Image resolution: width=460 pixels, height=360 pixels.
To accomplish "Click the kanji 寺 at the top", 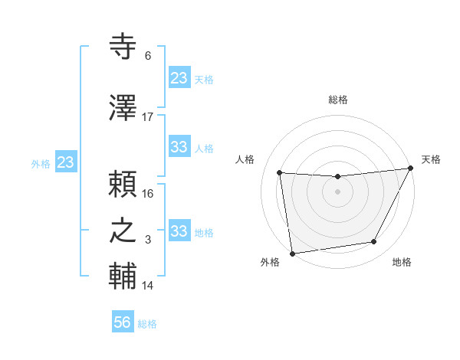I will (x=123, y=47).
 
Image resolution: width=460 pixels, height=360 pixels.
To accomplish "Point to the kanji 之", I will (x=123, y=231).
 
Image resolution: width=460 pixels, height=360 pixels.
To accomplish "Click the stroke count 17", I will (x=148, y=117).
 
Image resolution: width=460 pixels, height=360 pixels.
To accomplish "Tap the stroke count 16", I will (x=148, y=194).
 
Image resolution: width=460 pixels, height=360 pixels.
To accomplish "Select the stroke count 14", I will (x=148, y=286).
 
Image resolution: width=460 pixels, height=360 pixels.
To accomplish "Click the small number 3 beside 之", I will (x=148, y=240).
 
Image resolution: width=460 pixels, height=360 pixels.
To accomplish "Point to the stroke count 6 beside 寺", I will (x=148, y=56).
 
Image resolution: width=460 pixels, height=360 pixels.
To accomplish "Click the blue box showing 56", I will (x=123, y=322).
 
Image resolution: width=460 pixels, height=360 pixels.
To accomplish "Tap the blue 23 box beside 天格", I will (x=179, y=77).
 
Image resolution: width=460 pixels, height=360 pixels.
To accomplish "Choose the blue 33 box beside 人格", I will (x=179, y=146).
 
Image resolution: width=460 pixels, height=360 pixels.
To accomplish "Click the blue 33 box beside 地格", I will (x=179, y=231).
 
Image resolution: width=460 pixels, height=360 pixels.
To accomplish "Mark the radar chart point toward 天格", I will (x=411, y=169).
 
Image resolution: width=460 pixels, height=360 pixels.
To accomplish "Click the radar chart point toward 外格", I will (x=292, y=253).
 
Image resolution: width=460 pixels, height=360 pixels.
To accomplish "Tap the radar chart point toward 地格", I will (x=374, y=242).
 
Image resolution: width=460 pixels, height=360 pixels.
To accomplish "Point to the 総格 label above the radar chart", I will (x=338, y=100).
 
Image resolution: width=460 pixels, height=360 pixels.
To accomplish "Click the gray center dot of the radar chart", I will (x=337, y=191).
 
